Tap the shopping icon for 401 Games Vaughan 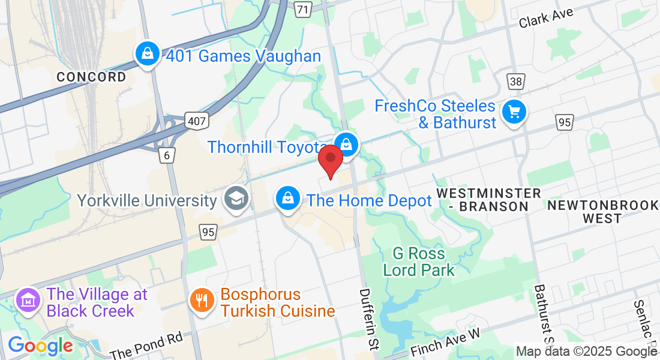coord(147,55)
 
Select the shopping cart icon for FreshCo coord(514,112)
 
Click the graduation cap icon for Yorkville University coord(236,199)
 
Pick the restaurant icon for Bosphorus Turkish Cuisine coord(202,300)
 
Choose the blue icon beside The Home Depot coord(288,198)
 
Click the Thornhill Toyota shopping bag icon coord(346,145)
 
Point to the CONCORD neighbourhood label coord(91,77)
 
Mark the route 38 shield coord(515,82)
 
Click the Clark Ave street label coord(546,17)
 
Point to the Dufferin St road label coord(368,318)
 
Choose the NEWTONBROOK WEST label coord(602,212)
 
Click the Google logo coord(40,346)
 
